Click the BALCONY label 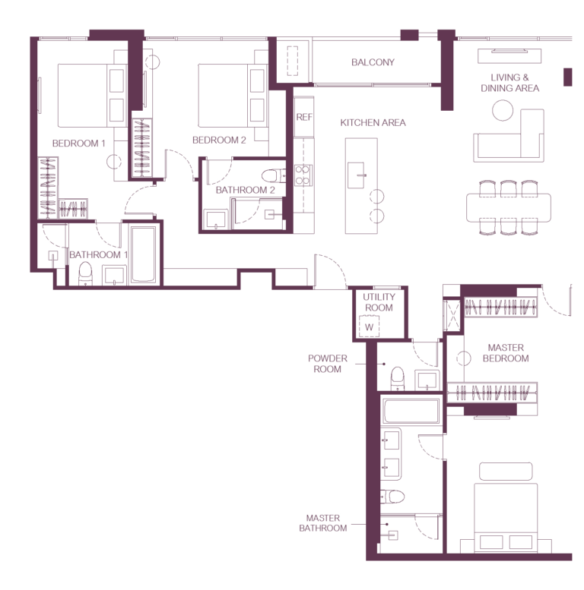373,62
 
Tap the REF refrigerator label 304,117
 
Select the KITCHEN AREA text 373,123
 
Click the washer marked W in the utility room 369,327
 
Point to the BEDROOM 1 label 78,144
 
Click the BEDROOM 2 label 219,140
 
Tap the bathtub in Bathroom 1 143,254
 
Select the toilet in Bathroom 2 273,175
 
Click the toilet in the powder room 397,379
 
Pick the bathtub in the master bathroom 411,412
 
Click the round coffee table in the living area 503,110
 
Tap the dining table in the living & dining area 508,208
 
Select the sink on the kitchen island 356,175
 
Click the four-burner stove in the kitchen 303,175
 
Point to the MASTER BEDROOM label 506,353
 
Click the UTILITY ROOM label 379,302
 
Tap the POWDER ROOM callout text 328,364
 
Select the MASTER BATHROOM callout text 323,523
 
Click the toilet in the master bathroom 392,497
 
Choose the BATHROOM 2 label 246,190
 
